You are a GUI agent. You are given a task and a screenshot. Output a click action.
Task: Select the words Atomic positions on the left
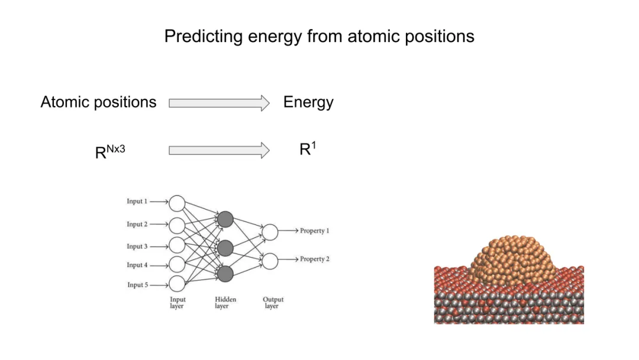pyautogui.click(x=98, y=102)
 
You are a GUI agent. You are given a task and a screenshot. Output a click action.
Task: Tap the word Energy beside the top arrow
pyautogui.click(x=308, y=102)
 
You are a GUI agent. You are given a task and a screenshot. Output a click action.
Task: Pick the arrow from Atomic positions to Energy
pyautogui.click(x=219, y=103)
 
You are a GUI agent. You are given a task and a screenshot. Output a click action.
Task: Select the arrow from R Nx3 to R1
pyautogui.click(x=219, y=150)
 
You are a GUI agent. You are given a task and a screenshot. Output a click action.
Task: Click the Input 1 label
pyautogui.click(x=137, y=201)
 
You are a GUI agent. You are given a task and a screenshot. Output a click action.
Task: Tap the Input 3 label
pyautogui.click(x=137, y=246)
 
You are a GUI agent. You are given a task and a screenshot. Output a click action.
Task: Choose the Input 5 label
pyautogui.click(x=137, y=285)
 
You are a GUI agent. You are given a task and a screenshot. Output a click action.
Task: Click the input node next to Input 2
pyautogui.click(x=177, y=225)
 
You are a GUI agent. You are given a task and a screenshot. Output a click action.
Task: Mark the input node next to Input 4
pyautogui.click(x=177, y=264)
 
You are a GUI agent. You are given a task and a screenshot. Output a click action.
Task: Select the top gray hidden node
pyautogui.click(x=225, y=220)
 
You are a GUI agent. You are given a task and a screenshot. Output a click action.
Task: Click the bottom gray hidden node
pyautogui.click(x=225, y=273)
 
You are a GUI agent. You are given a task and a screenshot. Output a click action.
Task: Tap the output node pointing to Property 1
pyautogui.click(x=270, y=232)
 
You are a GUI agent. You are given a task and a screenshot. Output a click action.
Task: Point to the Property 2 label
pyautogui.click(x=314, y=259)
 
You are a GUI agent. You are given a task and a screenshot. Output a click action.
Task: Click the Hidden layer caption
pyautogui.click(x=225, y=303)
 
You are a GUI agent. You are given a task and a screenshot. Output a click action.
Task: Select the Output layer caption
pyautogui.click(x=273, y=303)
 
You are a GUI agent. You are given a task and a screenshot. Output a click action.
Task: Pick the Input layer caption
pyautogui.click(x=177, y=303)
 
